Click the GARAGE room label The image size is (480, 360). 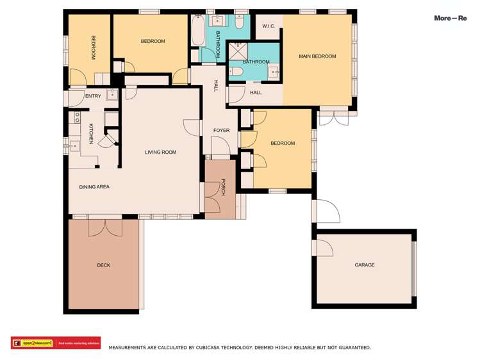[365, 265]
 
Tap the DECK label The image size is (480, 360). [103, 265]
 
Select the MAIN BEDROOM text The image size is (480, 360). [317, 56]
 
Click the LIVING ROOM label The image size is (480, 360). [160, 152]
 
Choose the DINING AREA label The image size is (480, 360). [94, 187]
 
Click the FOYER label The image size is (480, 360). [221, 130]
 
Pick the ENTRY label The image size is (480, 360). [93, 96]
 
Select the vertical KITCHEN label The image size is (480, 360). [91, 133]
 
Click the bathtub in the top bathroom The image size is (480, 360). [197, 29]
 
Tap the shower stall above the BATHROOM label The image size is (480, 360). [238, 50]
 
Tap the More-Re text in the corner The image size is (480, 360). [450, 18]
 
